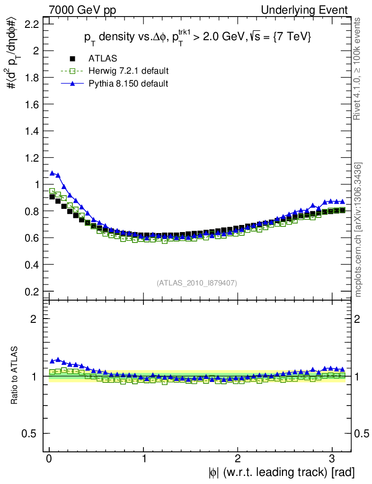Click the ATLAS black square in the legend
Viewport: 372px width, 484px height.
[73, 59]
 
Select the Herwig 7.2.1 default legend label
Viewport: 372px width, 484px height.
[129, 71]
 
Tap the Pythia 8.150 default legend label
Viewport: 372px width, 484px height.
[128, 84]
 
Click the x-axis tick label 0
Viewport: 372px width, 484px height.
[49, 459]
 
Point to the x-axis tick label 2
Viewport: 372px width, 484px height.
[238, 459]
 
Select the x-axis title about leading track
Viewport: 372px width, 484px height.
[280, 472]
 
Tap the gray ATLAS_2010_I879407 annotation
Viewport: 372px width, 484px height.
[196, 283]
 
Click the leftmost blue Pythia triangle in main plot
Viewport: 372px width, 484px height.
[52, 173]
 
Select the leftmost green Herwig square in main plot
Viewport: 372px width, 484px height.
[52, 191]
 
